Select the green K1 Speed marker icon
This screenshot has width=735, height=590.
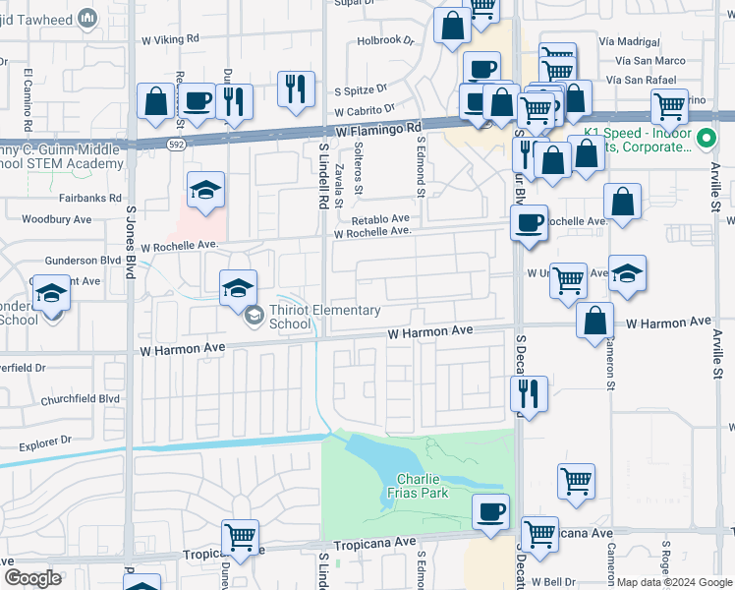pos(704,140)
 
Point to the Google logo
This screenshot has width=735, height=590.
pos(33,578)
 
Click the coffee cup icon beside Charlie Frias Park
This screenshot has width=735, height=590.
pos(490,511)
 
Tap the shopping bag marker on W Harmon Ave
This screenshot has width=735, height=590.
pos(594,320)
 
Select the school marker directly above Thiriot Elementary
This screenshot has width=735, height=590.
pos(238,287)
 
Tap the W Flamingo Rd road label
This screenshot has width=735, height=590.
pos(377,128)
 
